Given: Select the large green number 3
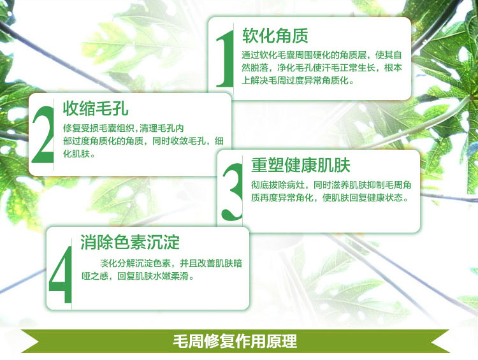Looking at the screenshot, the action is pos(233,191).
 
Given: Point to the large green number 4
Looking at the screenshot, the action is pos(61,274).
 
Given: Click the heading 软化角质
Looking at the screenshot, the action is pos(275,36).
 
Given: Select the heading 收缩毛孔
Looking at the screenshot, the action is pos(96,108).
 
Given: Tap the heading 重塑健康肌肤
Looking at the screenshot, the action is pos(301,165).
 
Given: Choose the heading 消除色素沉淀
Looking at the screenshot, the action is pos(130,242).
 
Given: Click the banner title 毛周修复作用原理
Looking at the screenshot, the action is pos(235,341).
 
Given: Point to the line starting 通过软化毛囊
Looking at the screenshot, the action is pos(322,55).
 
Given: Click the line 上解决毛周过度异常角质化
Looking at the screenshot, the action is pos(298,80).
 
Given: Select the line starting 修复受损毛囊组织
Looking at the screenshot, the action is pos(124,128).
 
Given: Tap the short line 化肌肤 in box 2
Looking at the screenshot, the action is pos(79,154).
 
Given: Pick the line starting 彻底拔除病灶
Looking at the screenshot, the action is pos(331,185).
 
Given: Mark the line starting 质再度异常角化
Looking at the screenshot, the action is pos(330,198).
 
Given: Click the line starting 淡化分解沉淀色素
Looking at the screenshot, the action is pos(171,263).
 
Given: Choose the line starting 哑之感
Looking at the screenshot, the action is pos(138,276).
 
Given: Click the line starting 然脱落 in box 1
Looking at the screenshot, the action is pos(322,68).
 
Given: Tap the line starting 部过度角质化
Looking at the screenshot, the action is pos(143,141).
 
